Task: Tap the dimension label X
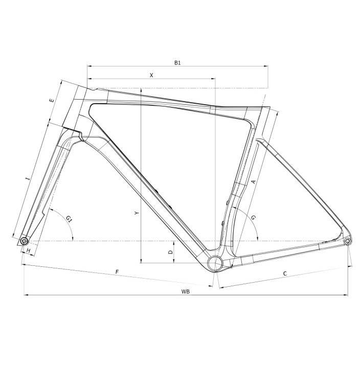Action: point(151,75)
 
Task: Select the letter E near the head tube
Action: point(52,101)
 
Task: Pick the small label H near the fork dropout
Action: point(29,250)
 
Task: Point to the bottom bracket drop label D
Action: point(171,252)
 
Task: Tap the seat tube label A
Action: point(253,182)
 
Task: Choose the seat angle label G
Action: point(254,217)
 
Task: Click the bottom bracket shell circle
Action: point(215,263)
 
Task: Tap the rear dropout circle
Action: point(348,241)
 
